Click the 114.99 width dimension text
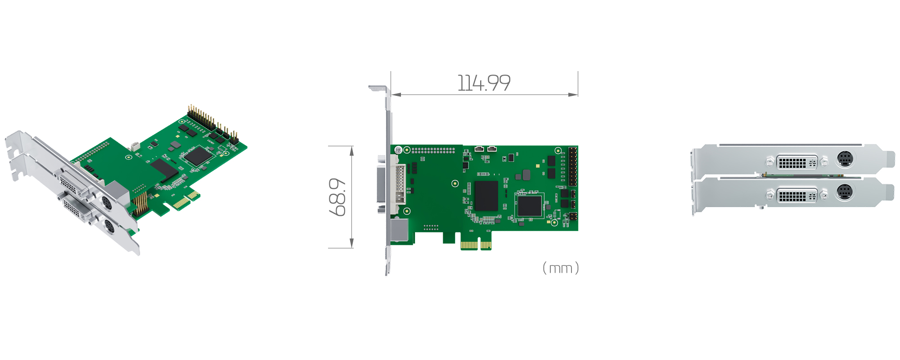pos(484,83)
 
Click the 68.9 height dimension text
pos(337,197)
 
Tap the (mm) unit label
pos(560,268)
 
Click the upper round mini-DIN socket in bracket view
pos(845,159)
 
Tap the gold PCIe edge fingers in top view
pos(476,245)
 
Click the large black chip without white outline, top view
pos(486,196)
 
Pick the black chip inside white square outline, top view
pos(529,206)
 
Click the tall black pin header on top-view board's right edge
pos(572,166)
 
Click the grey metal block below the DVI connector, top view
pos(399,230)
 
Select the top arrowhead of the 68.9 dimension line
pos(351,150)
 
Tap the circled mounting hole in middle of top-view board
pos(455,183)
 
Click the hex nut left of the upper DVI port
pos(769,161)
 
